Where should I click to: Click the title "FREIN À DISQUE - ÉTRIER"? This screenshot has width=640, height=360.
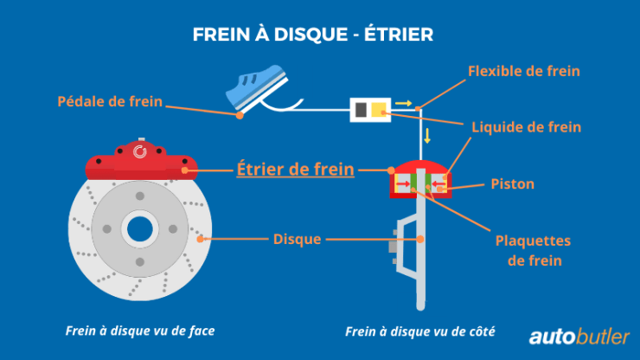pos(312,35)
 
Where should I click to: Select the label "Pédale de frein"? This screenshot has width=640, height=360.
pos(110,102)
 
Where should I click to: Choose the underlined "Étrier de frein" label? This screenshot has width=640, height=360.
pos(295,169)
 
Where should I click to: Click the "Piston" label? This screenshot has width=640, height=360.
pos(512,183)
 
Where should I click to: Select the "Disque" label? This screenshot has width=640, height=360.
pos(297,239)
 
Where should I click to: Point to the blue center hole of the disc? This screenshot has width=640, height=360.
pos(139,229)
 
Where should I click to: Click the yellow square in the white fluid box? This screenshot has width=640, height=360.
pos(379,109)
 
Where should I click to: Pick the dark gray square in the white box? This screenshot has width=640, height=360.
pos(361,109)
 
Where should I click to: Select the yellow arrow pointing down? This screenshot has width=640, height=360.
pos(426,136)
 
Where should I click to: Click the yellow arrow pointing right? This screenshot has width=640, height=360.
pos(403,104)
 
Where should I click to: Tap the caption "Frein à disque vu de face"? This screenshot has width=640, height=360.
pos(139,331)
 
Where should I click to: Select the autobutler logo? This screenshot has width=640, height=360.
pos(579,336)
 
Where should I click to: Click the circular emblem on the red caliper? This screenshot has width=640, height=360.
pos(140,155)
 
